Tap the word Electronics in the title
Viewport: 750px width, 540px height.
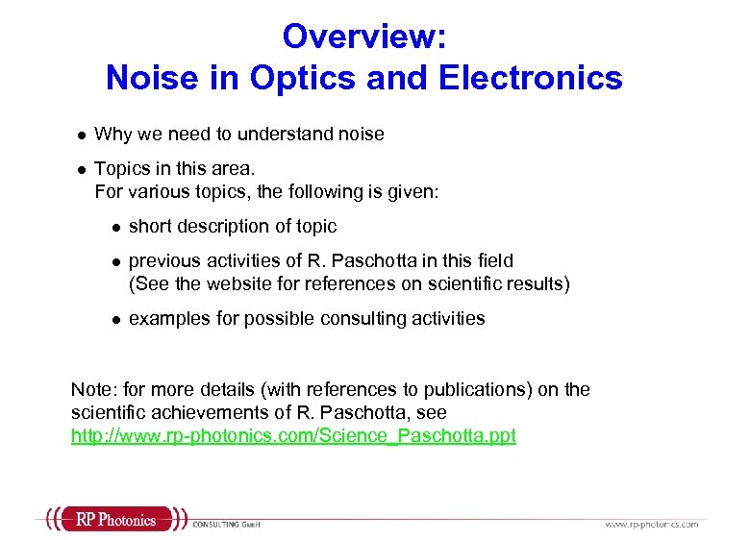click(x=530, y=78)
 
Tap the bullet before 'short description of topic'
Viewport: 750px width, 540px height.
click(x=114, y=228)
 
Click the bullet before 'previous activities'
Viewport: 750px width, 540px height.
click(x=114, y=261)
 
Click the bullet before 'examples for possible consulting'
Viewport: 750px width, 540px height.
click(x=114, y=320)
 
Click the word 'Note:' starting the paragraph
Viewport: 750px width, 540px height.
click(x=92, y=389)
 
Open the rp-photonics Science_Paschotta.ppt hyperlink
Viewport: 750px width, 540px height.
click(x=293, y=435)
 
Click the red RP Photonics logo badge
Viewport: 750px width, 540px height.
click(x=114, y=521)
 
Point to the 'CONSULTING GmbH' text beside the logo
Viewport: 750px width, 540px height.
click(x=227, y=524)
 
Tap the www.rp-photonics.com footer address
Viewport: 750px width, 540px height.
click(x=651, y=524)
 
